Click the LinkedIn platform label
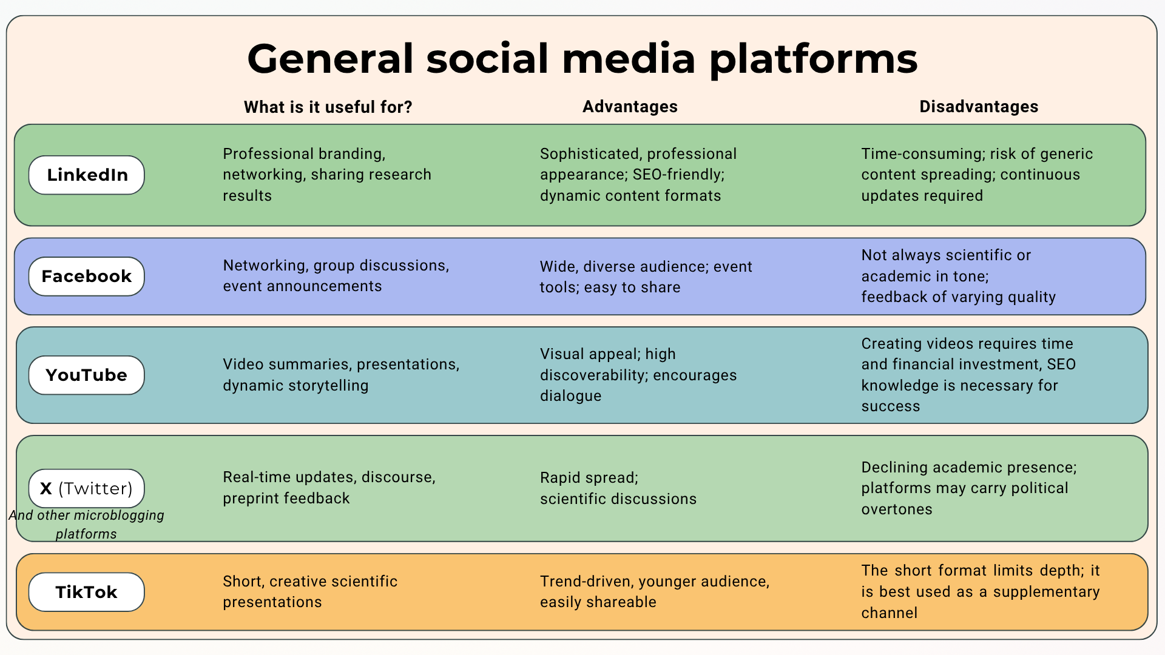click(87, 175)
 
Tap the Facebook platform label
click(87, 276)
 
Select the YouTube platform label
click(87, 375)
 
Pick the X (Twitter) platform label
click(87, 488)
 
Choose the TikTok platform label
click(87, 592)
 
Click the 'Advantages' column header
click(630, 107)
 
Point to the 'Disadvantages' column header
click(979, 107)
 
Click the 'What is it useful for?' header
click(328, 107)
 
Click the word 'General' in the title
click(331, 59)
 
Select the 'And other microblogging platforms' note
click(86, 525)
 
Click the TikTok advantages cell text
click(655, 591)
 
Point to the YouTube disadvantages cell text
click(968, 375)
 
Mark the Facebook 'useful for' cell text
click(336, 275)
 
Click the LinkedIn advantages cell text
click(638, 175)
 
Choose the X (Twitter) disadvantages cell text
click(969, 488)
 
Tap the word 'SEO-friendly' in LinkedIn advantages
click(678, 175)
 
